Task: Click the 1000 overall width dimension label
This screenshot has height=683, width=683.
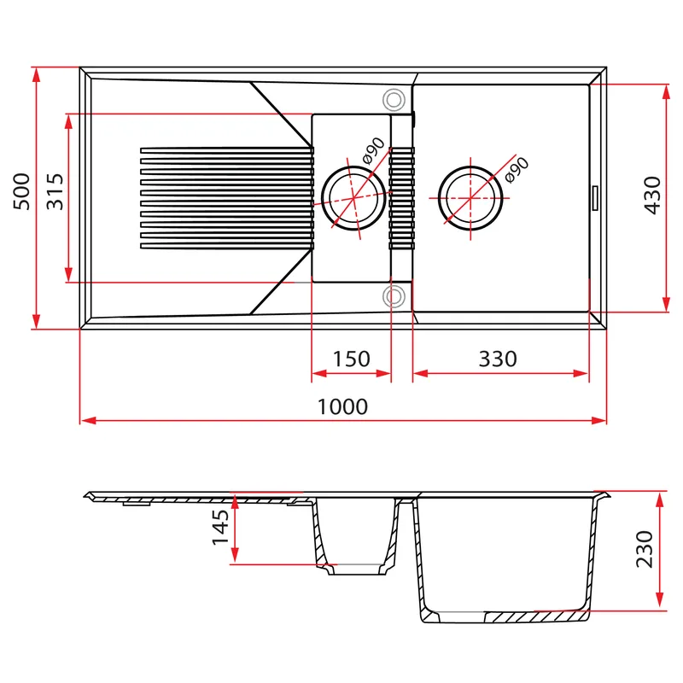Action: pos(343,406)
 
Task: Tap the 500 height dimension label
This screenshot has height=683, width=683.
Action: pos(22,192)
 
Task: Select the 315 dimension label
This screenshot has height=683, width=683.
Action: pos(55,192)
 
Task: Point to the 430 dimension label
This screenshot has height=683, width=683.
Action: pos(652,196)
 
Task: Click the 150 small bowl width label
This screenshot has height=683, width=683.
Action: pos(351,359)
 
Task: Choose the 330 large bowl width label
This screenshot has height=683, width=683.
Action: pos(498,359)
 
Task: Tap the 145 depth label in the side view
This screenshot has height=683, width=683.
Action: pos(220,527)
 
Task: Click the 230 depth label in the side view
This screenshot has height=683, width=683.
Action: pos(645,549)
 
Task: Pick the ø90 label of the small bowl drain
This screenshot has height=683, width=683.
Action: pos(374,150)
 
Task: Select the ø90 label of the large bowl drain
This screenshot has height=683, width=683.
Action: pos(517,169)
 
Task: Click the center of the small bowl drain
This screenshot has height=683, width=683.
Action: pos(353,198)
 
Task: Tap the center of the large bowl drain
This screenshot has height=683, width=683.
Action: pos(470,198)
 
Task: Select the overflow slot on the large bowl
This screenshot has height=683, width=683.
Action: pos(595,198)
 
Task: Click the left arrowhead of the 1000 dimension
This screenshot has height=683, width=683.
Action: pos(88,420)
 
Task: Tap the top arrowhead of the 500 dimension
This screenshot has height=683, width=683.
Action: pos(37,75)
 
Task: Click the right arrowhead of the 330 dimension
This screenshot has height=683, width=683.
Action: pos(581,373)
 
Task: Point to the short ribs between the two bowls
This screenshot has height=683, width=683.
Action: pos(401,198)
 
